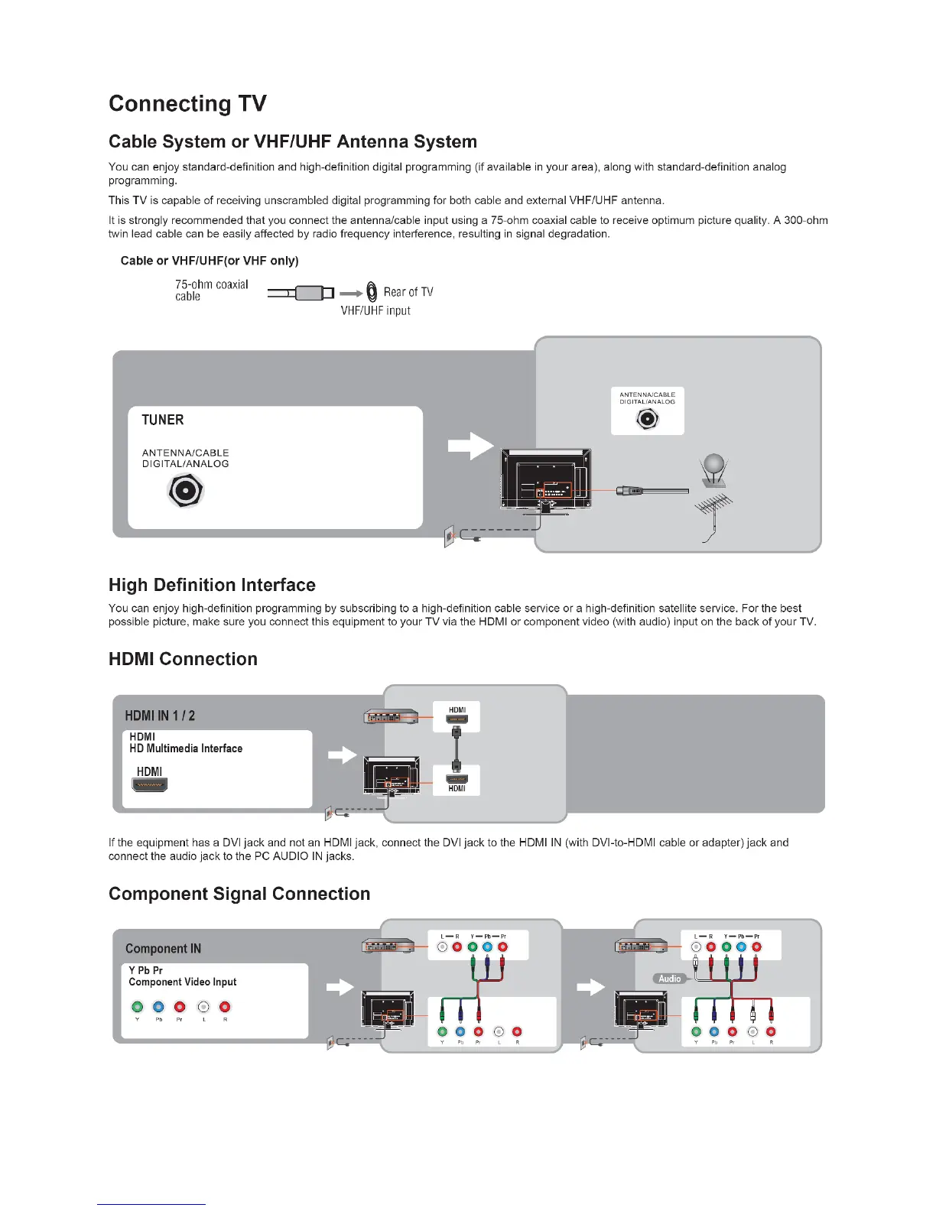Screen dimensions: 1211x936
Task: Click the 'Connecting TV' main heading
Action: coord(187,103)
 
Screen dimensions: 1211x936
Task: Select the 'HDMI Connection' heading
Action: coord(183,659)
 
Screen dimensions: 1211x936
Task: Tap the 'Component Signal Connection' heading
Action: coord(239,894)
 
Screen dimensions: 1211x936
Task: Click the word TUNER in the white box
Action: coord(163,420)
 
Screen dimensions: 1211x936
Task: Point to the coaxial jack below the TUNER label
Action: coord(185,490)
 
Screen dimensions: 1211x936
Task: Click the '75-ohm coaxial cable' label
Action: coord(211,290)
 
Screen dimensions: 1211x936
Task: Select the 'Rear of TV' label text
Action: coord(408,292)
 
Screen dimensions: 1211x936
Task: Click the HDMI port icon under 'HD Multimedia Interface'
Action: coord(150,784)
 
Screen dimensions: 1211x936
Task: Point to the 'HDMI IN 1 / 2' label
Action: coord(160,716)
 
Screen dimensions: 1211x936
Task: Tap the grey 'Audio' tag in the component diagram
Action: coord(669,979)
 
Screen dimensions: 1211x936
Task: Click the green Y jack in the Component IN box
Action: coord(138,1007)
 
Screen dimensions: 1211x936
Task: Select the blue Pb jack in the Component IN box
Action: coord(158,1007)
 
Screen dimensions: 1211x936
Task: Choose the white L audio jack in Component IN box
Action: coord(203,1007)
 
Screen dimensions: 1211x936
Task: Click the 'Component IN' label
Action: coord(163,949)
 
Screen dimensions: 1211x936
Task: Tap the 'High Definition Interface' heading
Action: coord(212,585)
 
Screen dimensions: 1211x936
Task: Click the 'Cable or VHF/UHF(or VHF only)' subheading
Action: coord(210,261)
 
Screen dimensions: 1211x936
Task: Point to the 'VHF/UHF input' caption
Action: coord(375,310)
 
